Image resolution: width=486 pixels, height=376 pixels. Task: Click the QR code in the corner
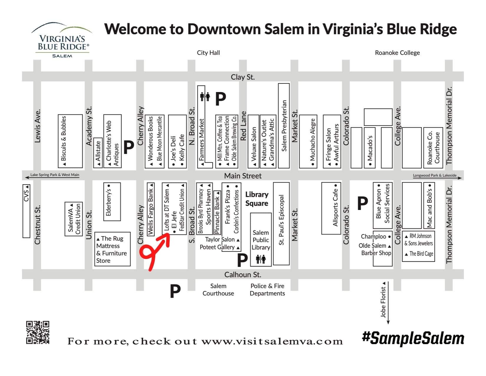[38, 332]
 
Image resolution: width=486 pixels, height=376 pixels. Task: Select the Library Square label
[257, 199]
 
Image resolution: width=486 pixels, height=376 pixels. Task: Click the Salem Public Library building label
[261, 240]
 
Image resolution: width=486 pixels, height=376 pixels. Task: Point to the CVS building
[26, 211]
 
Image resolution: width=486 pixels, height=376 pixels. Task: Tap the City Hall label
[208, 53]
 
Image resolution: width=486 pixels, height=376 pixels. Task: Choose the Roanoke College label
[397, 53]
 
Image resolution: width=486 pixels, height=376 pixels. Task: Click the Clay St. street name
[242, 77]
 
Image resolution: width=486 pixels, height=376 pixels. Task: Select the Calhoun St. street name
[242, 275]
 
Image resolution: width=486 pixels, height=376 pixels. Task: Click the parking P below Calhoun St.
[175, 291]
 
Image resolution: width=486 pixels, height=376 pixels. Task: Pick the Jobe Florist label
[383, 302]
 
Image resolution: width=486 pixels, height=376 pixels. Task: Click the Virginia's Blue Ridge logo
[62, 40]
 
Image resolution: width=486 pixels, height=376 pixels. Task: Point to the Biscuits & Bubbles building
[70, 141]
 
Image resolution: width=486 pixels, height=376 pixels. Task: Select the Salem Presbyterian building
[284, 126]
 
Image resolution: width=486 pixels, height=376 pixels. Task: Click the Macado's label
[370, 147]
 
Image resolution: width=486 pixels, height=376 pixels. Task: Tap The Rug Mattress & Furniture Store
[112, 249]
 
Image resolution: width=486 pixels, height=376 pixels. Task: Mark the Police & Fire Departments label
[267, 290]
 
